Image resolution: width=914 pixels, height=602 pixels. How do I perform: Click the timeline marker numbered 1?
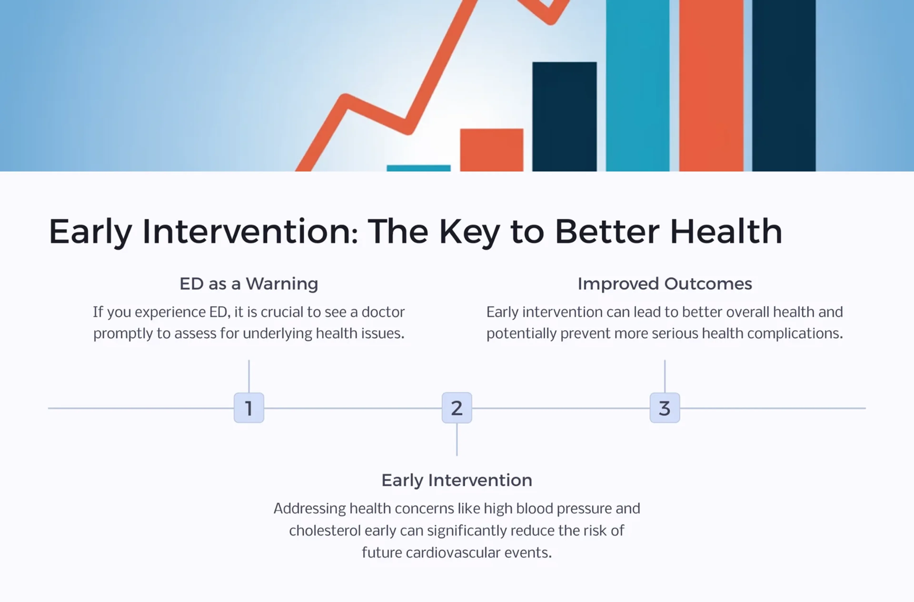click(249, 408)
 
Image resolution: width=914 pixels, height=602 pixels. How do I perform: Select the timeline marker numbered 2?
click(457, 408)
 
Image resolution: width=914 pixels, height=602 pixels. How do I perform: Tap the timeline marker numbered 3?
click(665, 408)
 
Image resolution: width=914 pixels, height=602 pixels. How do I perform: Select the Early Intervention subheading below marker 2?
click(457, 480)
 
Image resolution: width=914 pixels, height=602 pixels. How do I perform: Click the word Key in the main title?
click(469, 232)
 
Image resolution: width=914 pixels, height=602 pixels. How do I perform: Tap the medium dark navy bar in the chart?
click(564, 116)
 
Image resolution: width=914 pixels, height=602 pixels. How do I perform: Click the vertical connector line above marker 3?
click(665, 376)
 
